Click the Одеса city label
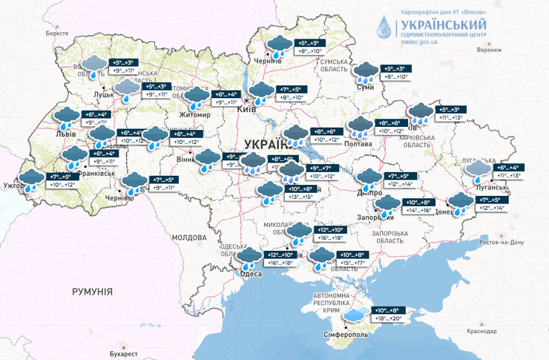(x=251, y=274)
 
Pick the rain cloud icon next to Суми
(x=364, y=72)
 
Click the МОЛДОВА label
(x=188, y=238)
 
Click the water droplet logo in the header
(x=384, y=27)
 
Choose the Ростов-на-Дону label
(x=502, y=242)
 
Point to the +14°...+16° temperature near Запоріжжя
(x=416, y=211)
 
